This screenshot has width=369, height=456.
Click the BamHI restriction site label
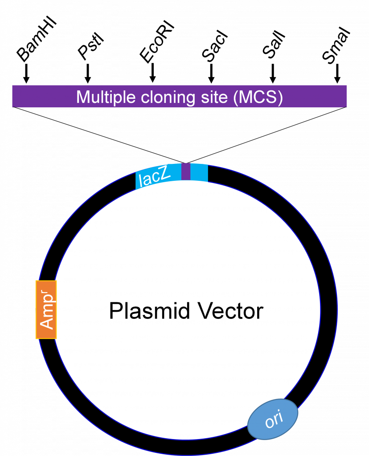(37, 40)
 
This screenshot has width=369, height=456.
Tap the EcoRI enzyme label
(156, 43)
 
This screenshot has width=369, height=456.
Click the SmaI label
(336, 46)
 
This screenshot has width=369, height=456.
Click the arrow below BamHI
(26, 73)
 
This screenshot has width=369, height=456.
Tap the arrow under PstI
(88, 73)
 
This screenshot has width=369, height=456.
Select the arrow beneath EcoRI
(152, 73)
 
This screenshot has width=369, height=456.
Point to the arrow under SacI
(212, 73)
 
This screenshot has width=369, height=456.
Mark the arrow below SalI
(273, 73)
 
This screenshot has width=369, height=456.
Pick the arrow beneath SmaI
(337, 73)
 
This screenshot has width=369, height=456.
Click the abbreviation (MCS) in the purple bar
(258, 98)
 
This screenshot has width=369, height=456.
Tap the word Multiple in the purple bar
(106, 98)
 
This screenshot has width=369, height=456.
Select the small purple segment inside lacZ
(186, 171)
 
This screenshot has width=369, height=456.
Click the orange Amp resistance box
(46, 309)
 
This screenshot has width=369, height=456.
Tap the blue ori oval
(273, 419)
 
